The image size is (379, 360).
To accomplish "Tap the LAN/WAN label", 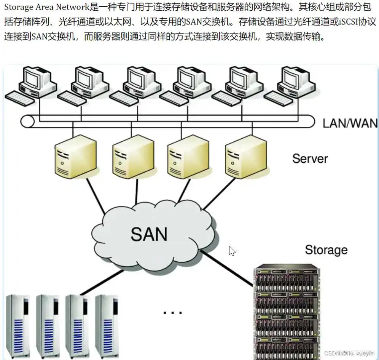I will (350, 123).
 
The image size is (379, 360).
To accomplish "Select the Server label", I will (310, 158).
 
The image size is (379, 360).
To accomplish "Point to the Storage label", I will (326, 250).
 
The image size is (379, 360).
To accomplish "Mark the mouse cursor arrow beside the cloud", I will (232, 251).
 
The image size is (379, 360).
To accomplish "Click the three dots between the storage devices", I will (173, 313).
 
